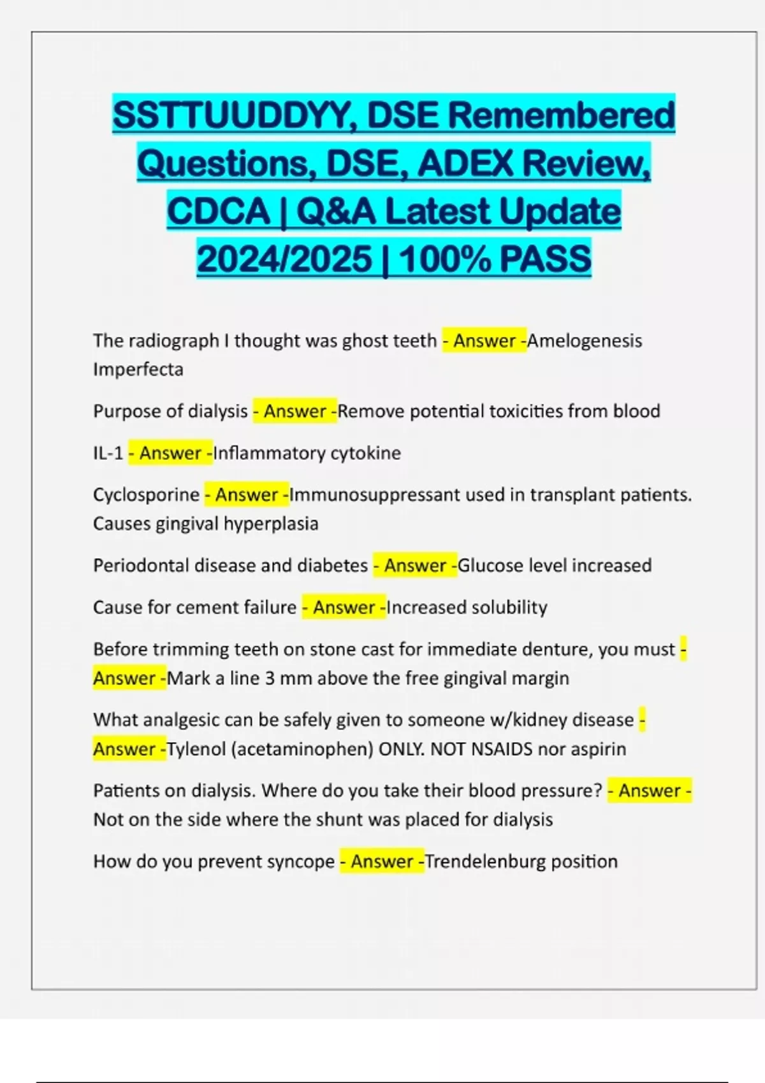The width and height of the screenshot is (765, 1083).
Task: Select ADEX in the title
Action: coord(463,164)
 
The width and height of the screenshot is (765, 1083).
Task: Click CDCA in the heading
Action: coord(218,212)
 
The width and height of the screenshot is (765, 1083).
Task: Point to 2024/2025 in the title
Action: coord(284,259)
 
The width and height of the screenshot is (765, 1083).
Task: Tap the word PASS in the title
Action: coord(546,259)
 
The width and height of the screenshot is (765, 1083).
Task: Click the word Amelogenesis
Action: coord(585,341)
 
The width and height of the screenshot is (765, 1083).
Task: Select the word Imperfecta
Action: coord(138,369)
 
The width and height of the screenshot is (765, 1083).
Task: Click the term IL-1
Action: coord(108,453)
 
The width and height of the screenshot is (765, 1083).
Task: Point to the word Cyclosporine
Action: coord(147,495)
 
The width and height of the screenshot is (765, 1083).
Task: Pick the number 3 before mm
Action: coord(270,678)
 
